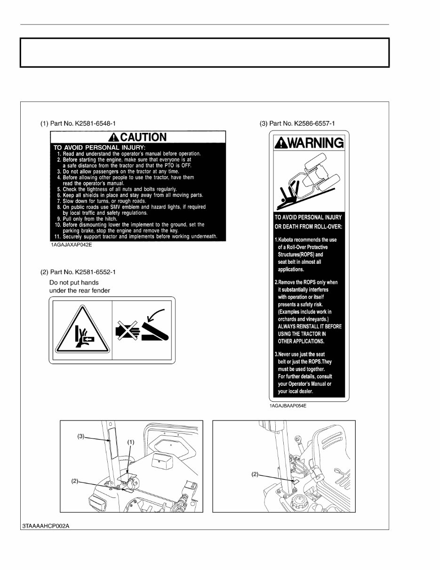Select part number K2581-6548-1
pos(78,123)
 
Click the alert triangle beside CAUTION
pos(113,138)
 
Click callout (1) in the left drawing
pos(131,442)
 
